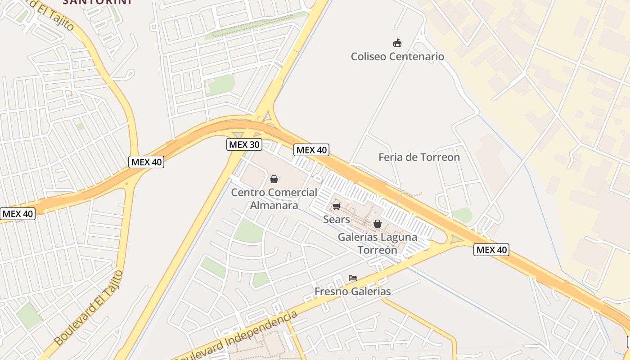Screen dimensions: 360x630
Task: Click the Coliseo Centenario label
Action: pos(397,57)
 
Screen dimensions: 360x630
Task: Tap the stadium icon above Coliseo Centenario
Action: pos(397,43)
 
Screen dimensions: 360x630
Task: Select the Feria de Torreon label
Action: pos(419,157)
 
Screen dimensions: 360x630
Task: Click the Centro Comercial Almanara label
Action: pos(274,198)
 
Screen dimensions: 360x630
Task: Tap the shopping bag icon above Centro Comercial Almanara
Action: pos(274,179)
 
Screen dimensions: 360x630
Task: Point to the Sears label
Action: pos(337,220)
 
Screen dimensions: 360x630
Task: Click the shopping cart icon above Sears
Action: pos(336,206)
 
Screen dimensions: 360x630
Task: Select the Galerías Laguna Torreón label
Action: pos(378,243)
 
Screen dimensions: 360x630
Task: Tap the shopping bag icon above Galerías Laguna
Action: pos(378,224)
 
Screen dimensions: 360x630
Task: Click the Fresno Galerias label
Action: pos(353,292)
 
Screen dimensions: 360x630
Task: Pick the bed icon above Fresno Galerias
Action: pos(353,278)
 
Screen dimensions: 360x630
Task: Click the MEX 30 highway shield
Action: pos(243,144)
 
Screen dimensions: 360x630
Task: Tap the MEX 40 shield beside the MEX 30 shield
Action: pos(311,150)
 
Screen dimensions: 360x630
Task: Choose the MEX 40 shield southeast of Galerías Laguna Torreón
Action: pos(491,250)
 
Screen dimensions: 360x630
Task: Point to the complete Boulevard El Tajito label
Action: pos(89,307)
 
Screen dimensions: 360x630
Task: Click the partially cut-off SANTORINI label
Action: pos(97,2)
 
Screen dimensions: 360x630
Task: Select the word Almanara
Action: pos(274,205)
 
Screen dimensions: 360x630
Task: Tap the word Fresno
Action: pos(331,292)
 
